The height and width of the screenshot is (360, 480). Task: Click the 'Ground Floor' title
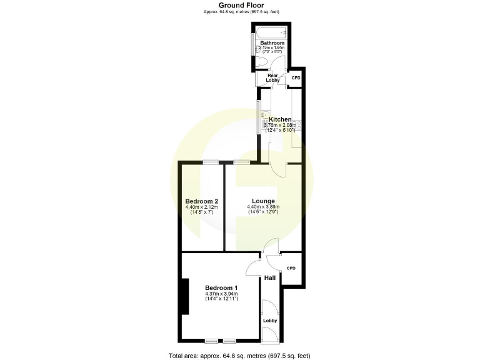240,5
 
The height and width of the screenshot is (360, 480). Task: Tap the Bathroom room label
272,43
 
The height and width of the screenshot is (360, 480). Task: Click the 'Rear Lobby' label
272,78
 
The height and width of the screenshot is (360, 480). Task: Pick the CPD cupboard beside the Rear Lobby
296,77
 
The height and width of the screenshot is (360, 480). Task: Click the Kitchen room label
280,119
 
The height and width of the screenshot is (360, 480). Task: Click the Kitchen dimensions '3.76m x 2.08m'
280,125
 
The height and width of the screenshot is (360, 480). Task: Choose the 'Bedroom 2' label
201,201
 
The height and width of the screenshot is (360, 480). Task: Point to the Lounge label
263,201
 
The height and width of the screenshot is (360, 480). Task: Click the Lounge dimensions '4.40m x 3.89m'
263,207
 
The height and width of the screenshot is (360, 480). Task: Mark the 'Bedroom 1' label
222,288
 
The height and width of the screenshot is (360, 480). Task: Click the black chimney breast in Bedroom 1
184,296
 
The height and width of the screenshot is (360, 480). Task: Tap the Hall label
270,277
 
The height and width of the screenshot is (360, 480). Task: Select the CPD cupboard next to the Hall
291,268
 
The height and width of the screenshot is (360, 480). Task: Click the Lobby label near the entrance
269,321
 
